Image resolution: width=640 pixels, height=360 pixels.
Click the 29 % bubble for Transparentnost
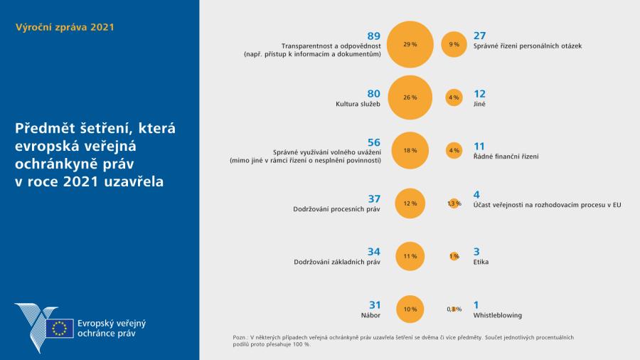point(410,44)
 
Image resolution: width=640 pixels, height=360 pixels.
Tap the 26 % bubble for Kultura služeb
point(410,97)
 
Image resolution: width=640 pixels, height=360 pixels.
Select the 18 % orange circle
point(410,150)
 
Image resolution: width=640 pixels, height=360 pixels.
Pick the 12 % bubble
point(410,203)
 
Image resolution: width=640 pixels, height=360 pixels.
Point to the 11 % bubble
point(410,256)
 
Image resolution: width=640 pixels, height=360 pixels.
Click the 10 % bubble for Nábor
point(410,309)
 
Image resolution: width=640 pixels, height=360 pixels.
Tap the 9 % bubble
point(454,44)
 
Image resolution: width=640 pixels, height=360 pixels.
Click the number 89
point(374,36)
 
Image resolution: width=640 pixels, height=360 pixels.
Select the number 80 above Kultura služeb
point(374,93)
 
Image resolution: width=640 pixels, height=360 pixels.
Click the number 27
point(480,36)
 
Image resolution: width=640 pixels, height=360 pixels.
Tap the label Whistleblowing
point(498,314)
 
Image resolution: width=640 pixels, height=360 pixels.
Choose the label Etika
point(481,262)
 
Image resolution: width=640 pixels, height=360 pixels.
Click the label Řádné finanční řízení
point(506,156)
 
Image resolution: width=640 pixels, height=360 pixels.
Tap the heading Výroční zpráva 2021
point(65,28)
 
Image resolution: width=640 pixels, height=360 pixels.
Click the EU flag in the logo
point(60,328)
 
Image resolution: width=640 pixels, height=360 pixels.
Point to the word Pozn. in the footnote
point(241,337)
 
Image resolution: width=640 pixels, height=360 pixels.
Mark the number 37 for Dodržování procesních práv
point(374,198)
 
